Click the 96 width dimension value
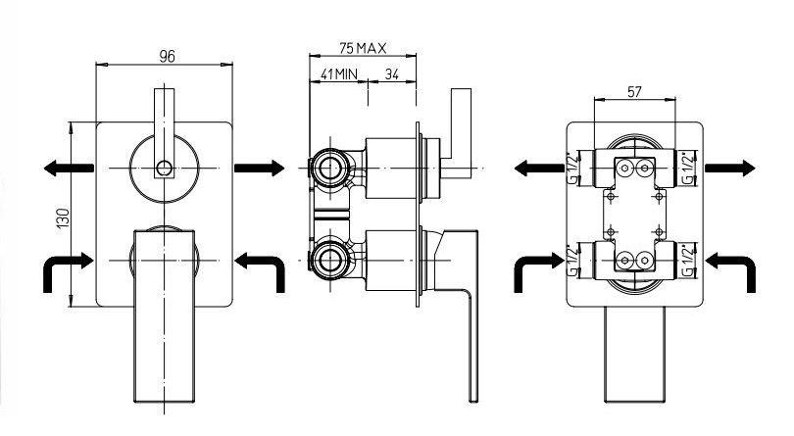click(166, 55)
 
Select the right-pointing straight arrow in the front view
click(260, 168)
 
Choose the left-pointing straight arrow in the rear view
click(542, 168)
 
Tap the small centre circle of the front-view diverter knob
click(165, 168)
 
